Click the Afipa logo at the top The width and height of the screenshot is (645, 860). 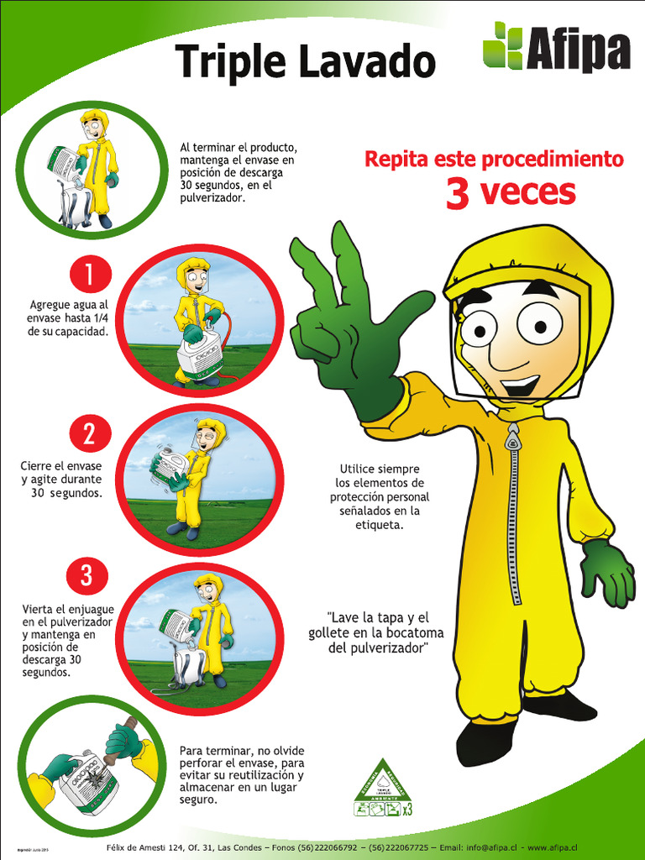click(555, 48)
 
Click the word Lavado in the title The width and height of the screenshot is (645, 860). click(364, 62)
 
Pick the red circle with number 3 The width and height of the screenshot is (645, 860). click(87, 576)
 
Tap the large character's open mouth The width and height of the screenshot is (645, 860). click(521, 385)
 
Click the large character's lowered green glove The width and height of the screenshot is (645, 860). click(608, 573)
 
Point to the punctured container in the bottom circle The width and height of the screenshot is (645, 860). click(87, 782)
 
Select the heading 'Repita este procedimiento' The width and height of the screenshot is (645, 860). click(494, 159)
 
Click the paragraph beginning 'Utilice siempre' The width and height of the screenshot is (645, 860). click(380, 496)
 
